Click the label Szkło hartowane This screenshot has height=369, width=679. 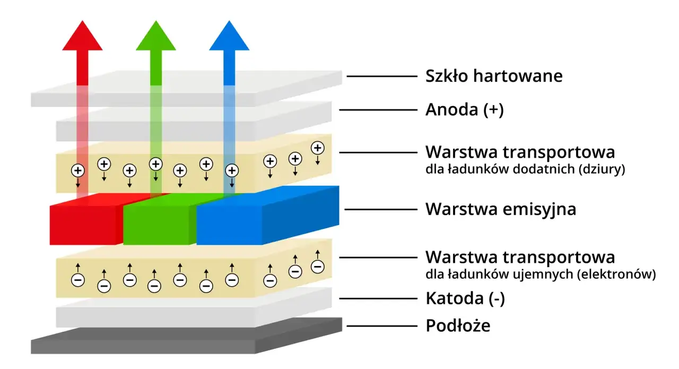493,76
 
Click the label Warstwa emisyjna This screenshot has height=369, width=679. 500,209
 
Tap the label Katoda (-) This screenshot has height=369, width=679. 465,299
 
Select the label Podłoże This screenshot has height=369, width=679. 458,325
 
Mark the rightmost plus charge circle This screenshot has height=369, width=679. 317,148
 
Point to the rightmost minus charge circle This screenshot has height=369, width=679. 317,266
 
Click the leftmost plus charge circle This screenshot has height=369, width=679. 78,171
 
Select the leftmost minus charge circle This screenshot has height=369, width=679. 78,279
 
